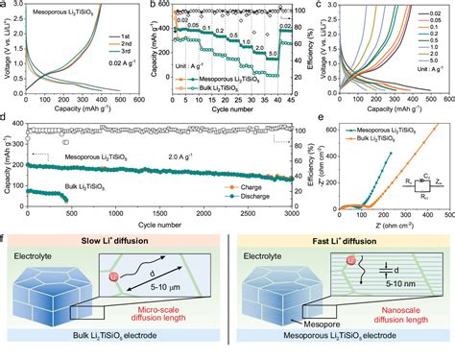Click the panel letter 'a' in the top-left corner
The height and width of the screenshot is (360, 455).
pos(6,6)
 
